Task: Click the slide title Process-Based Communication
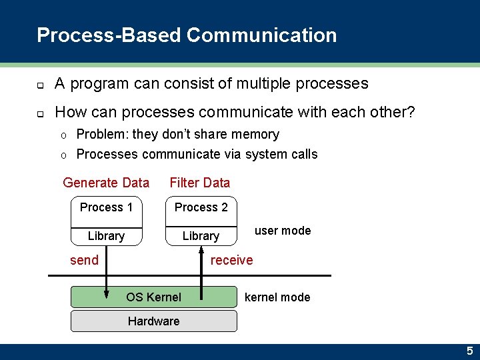pyautogui.click(x=187, y=35)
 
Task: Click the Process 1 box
pyautogui.click(x=106, y=207)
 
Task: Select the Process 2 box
pyautogui.click(x=201, y=207)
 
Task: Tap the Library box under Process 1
pyautogui.click(x=106, y=236)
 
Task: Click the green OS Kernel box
pyautogui.click(x=153, y=297)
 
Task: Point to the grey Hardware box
pyautogui.click(x=153, y=321)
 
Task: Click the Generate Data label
pyautogui.click(x=106, y=183)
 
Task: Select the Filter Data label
pyautogui.click(x=199, y=183)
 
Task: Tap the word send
pyautogui.click(x=84, y=260)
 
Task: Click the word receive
pyautogui.click(x=231, y=260)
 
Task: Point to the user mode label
pyautogui.click(x=283, y=231)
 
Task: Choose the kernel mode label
pyautogui.click(x=277, y=297)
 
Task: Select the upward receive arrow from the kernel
pyautogui.click(x=201, y=267)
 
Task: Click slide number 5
pyautogui.click(x=469, y=351)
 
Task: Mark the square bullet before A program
pyautogui.click(x=40, y=85)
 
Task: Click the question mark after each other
pyautogui.click(x=411, y=112)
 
